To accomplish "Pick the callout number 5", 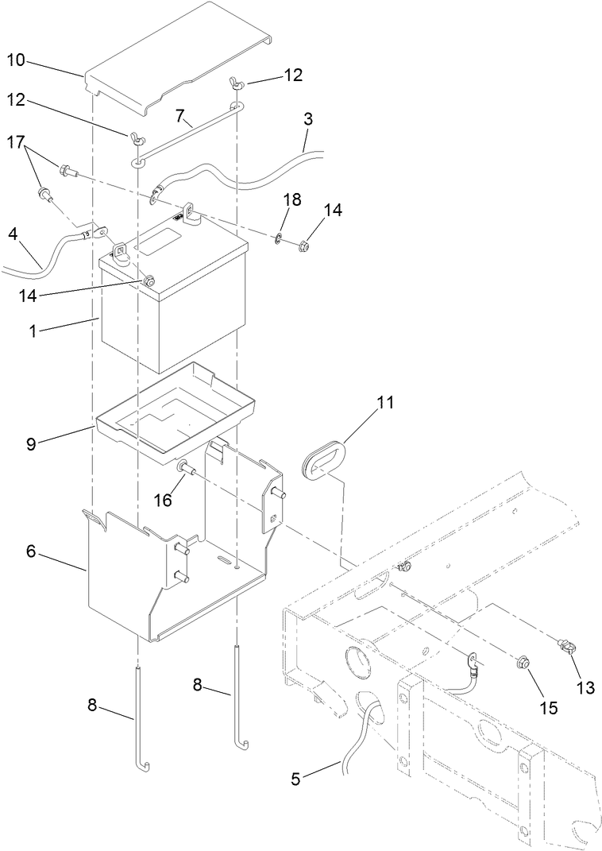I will point(295,779).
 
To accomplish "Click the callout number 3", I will point(308,119).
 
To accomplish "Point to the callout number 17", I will point(17,143).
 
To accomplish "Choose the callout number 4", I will point(13,235).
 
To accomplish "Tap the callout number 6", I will point(31,551).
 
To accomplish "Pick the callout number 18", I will point(292,199).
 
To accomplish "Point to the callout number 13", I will point(585,687).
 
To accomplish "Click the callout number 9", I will point(31,443).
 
